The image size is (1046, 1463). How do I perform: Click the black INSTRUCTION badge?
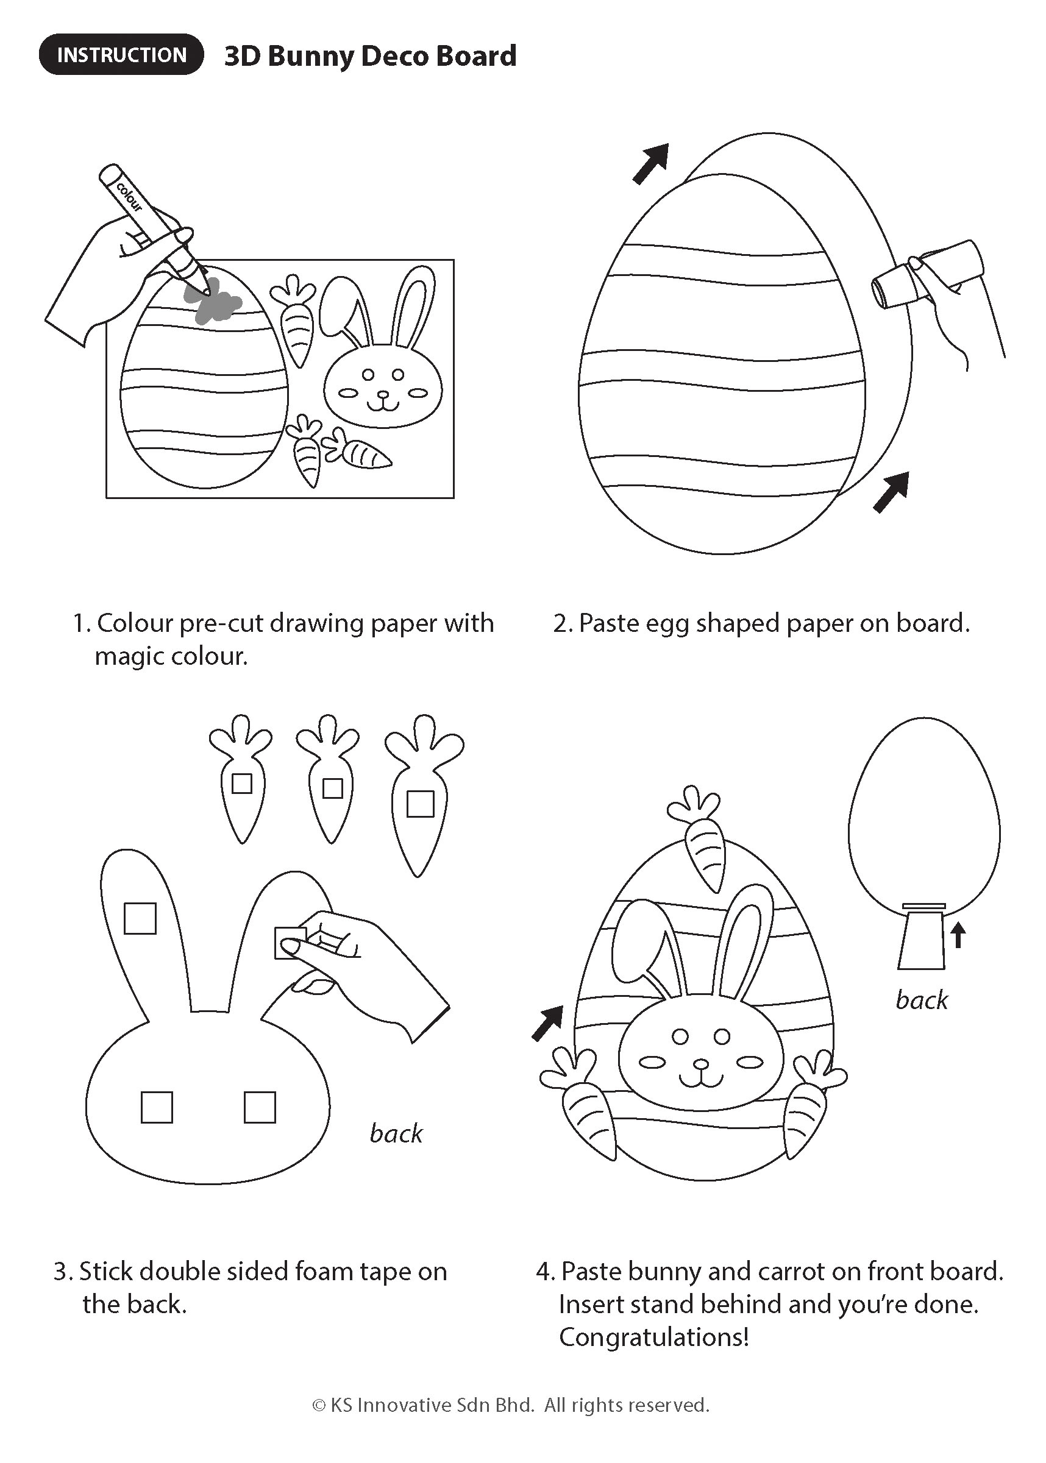click(121, 55)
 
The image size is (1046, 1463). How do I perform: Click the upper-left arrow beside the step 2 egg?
click(650, 163)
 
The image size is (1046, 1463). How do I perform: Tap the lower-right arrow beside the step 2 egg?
click(891, 492)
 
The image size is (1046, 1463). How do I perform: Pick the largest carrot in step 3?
click(422, 795)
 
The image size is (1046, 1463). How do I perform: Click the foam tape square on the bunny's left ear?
click(140, 918)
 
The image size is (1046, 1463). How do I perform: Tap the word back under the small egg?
click(922, 1000)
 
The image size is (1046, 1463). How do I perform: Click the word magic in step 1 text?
click(128, 657)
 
